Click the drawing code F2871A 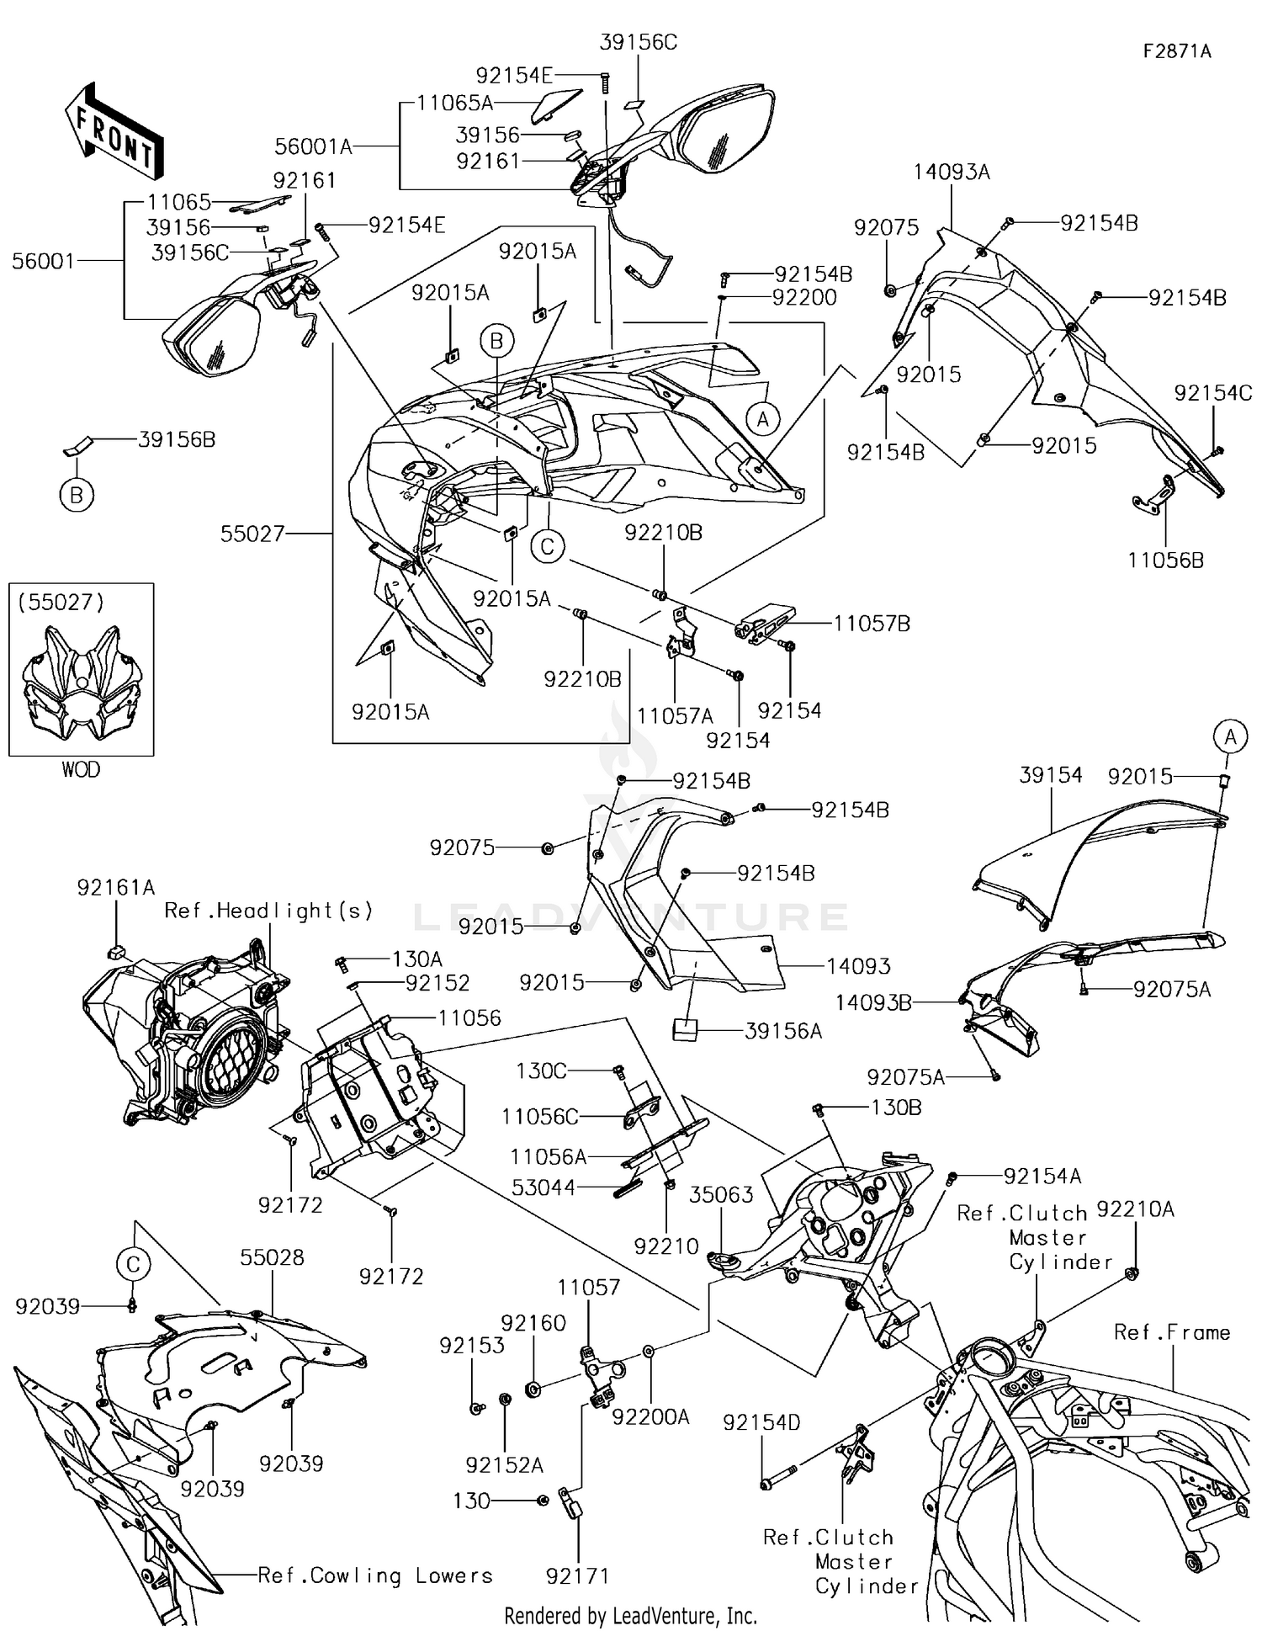click(1176, 51)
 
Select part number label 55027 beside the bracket click(252, 534)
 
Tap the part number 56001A click(313, 147)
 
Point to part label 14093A click(952, 173)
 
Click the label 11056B click(1165, 560)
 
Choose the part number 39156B click(177, 439)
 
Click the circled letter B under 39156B click(77, 495)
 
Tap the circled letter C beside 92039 click(133, 1264)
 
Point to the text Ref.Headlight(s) click(268, 911)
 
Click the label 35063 click(721, 1195)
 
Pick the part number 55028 click(272, 1257)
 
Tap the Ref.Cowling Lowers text click(374, 1575)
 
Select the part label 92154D click(761, 1422)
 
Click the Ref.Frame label click(1171, 1332)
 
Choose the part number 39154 click(1050, 775)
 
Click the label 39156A click(782, 1031)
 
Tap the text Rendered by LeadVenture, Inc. click(630, 1615)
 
